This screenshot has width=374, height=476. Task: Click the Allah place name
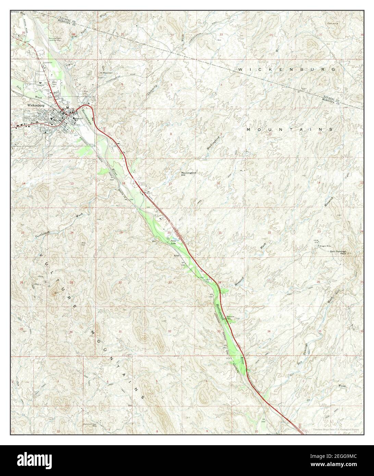tap(176, 255)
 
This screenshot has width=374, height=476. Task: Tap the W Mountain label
tap(106, 73)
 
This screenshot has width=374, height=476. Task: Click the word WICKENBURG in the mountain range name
tap(286, 70)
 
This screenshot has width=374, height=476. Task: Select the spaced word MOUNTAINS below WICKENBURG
tap(289, 129)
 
